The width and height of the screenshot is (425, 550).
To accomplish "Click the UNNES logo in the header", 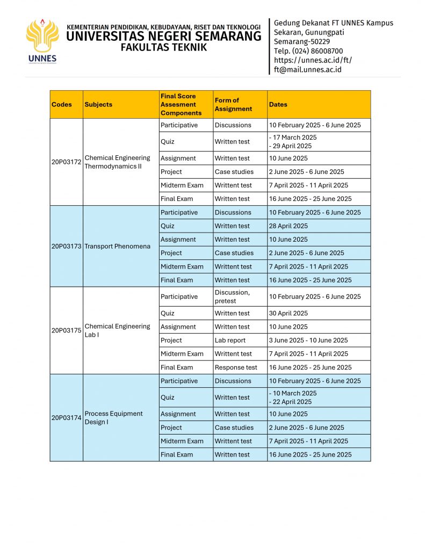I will [x=42, y=41].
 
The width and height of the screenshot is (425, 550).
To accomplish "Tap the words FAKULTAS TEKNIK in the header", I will [x=163, y=47].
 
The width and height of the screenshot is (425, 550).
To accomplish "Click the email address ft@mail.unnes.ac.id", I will [x=307, y=69].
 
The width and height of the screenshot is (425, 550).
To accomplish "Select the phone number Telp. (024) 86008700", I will [x=308, y=51].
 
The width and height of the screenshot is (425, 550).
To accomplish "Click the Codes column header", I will [x=61, y=105].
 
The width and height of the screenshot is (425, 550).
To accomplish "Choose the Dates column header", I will [x=278, y=105].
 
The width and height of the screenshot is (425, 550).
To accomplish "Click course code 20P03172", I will [x=66, y=162].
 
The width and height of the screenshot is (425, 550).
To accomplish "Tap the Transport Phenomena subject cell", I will [x=117, y=247].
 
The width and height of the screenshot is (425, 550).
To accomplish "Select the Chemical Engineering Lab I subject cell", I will [x=117, y=330].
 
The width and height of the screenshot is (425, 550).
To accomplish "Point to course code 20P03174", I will [x=66, y=417].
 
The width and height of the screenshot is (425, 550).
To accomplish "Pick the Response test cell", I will [x=236, y=367].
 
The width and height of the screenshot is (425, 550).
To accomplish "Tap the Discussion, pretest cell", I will [x=232, y=296].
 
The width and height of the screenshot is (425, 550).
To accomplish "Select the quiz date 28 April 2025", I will [x=289, y=226].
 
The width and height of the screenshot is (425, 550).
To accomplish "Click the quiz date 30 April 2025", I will [x=289, y=313].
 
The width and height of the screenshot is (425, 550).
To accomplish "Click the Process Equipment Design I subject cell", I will [x=113, y=417].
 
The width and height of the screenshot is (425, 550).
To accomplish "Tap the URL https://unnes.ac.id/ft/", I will [x=313, y=60].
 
